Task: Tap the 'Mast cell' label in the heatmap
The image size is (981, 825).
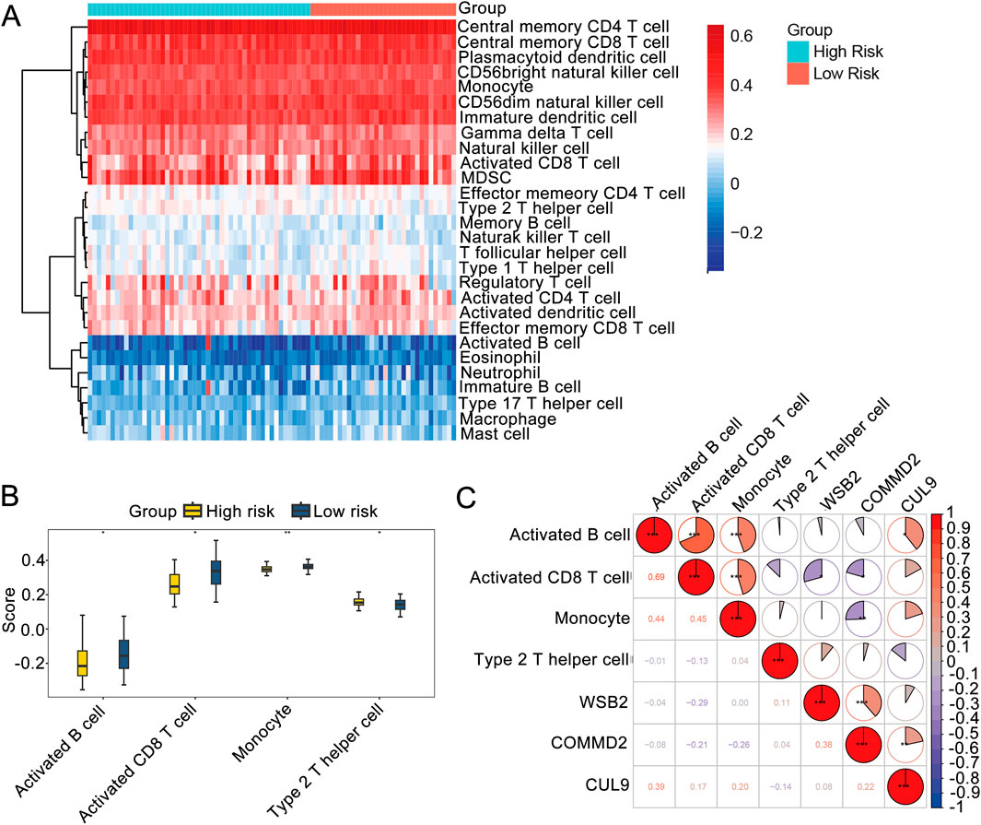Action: [494, 433]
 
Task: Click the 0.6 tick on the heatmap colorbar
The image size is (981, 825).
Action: [742, 35]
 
